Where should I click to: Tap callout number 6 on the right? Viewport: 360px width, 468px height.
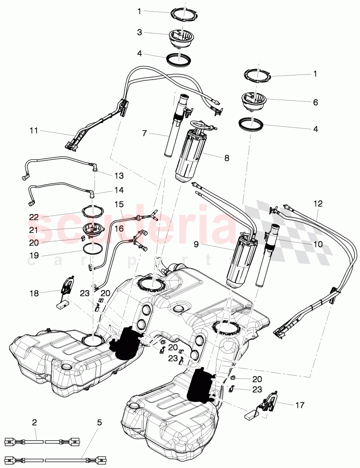click(315, 103)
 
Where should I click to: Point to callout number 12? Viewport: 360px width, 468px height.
click(318, 204)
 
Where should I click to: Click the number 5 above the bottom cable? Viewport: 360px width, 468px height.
click(99, 422)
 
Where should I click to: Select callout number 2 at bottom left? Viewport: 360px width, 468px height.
click(34, 422)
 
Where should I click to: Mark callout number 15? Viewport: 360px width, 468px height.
click(119, 205)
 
